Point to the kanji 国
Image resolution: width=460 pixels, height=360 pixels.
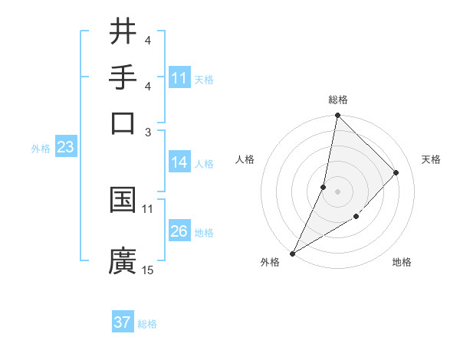(x=123, y=200)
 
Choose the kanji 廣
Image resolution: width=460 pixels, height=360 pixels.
(x=123, y=260)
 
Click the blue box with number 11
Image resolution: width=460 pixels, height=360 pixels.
(x=179, y=78)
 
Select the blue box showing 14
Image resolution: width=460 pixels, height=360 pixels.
(x=179, y=162)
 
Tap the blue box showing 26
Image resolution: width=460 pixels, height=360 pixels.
(x=179, y=231)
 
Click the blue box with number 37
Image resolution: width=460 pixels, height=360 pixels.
(x=123, y=322)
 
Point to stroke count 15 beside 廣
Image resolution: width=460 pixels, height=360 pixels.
(x=148, y=270)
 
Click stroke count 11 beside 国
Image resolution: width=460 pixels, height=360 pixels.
(x=148, y=208)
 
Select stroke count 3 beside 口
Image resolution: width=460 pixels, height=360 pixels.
(x=148, y=131)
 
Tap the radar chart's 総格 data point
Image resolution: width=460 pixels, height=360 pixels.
(x=337, y=116)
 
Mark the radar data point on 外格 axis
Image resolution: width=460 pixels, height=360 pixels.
(x=292, y=253)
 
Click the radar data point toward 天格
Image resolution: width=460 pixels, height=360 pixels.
(x=396, y=172)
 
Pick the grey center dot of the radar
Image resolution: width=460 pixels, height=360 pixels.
(x=337, y=191)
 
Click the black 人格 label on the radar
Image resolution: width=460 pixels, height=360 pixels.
(x=245, y=159)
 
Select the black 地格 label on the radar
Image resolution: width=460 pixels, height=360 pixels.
(x=402, y=262)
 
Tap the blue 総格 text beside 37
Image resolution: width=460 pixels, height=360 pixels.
(x=147, y=324)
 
